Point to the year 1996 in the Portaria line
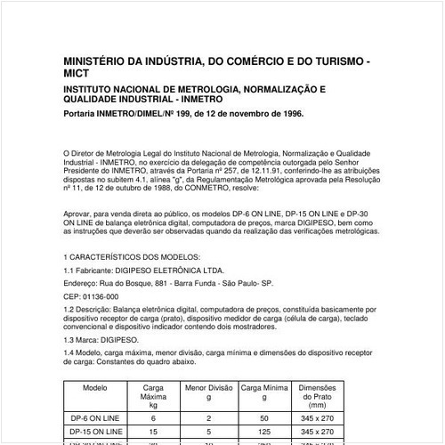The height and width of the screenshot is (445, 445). click(287, 114)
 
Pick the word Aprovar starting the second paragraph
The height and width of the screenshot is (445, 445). click(81, 214)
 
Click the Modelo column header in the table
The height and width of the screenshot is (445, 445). click(94, 389)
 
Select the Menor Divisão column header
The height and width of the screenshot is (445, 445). click(208, 389)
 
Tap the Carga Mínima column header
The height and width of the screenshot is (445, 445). click(264, 389)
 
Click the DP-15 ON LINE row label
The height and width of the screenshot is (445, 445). click(94, 432)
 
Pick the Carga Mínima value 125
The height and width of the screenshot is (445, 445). click(264, 432)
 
